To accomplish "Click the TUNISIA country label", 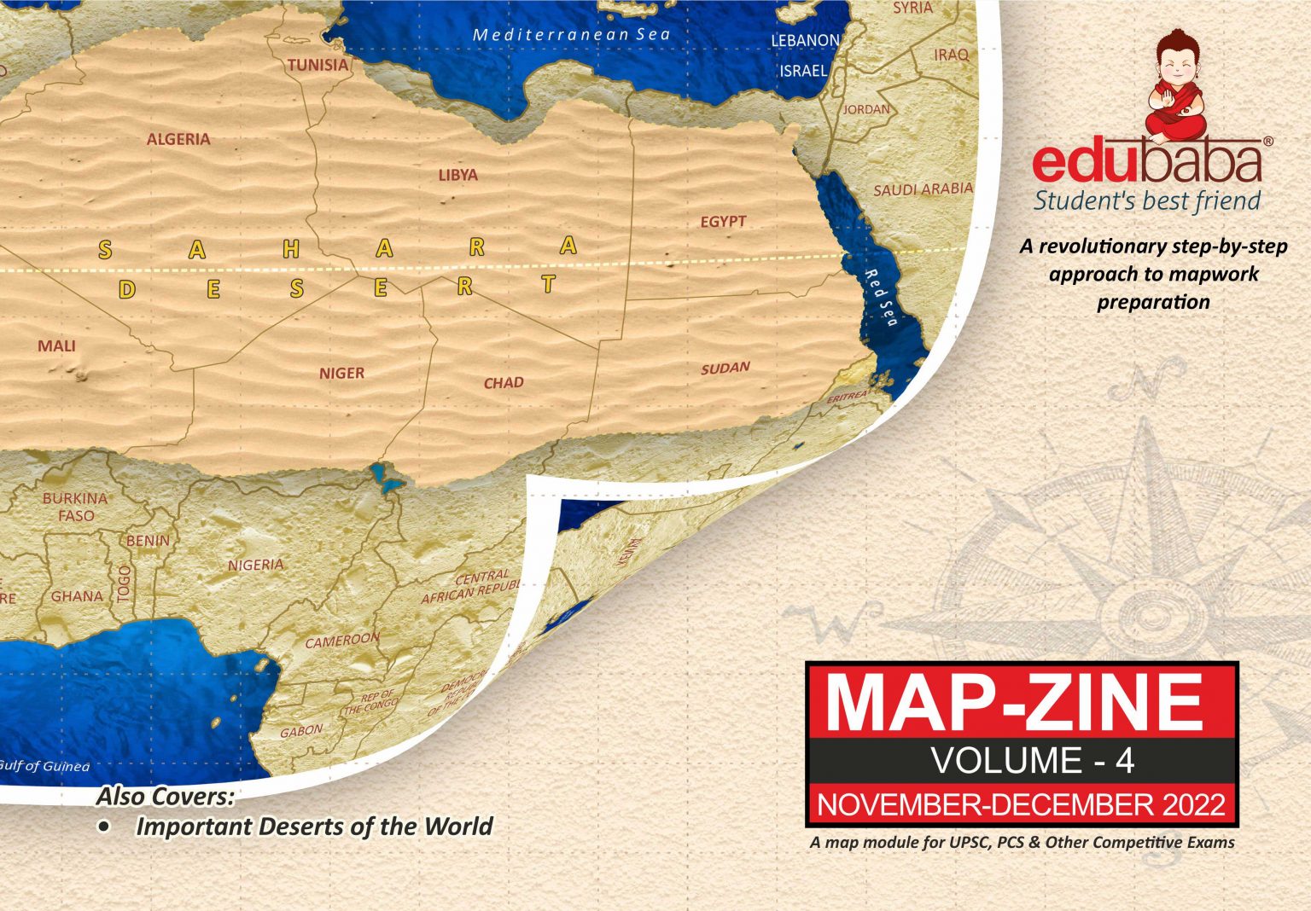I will (x=318, y=65).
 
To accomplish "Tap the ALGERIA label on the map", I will (x=178, y=139).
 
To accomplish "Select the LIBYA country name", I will (x=458, y=175).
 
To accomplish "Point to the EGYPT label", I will (x=723, y=222).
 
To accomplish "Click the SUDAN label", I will (x=725, y=368).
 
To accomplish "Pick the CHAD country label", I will (x=504, y=383).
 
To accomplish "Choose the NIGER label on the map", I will (x=341, y=374).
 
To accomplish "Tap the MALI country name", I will (x=56, y=346).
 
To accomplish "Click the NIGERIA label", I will (x=255, y=565).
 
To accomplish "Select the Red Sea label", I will (x=882, y=298).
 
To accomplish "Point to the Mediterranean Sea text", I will (x=571, y=35).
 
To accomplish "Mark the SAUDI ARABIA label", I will (x=923, y=189).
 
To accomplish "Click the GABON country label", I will (x=301, y=731).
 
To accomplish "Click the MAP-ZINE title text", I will (x=1021, y=703).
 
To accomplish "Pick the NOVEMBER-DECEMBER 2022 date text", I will (x=1021, y=804).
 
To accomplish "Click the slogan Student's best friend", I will (x=1146, y=201).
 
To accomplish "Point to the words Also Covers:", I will (x=165, y=797).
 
